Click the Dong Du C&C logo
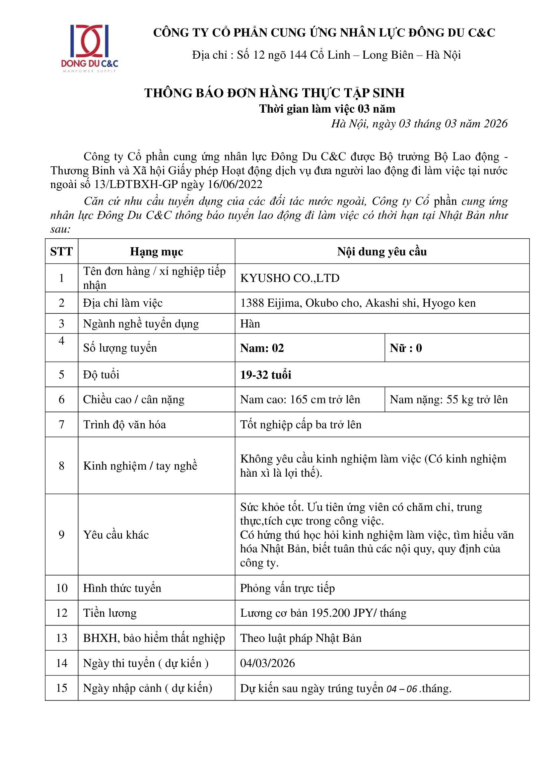[89, 48]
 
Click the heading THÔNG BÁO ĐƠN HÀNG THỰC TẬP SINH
[274, 93]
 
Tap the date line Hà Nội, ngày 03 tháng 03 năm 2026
[419, 124]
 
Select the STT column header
[61, 252]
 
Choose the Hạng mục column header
[156, 252]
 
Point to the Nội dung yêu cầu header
[382, 252]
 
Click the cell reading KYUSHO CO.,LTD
[290, 278]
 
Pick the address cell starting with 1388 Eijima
[357, 303]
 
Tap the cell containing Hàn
[250, 324]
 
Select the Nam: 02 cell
[262, 348]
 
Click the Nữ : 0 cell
[406, 348]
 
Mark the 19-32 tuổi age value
[265, 375]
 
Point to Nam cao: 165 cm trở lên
[300, 400]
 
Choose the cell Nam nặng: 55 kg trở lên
[448, 400]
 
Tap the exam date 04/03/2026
[267, 663]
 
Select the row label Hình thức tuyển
[122, 588]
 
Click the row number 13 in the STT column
[62, 638]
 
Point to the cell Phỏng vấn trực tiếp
[287, 588]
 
